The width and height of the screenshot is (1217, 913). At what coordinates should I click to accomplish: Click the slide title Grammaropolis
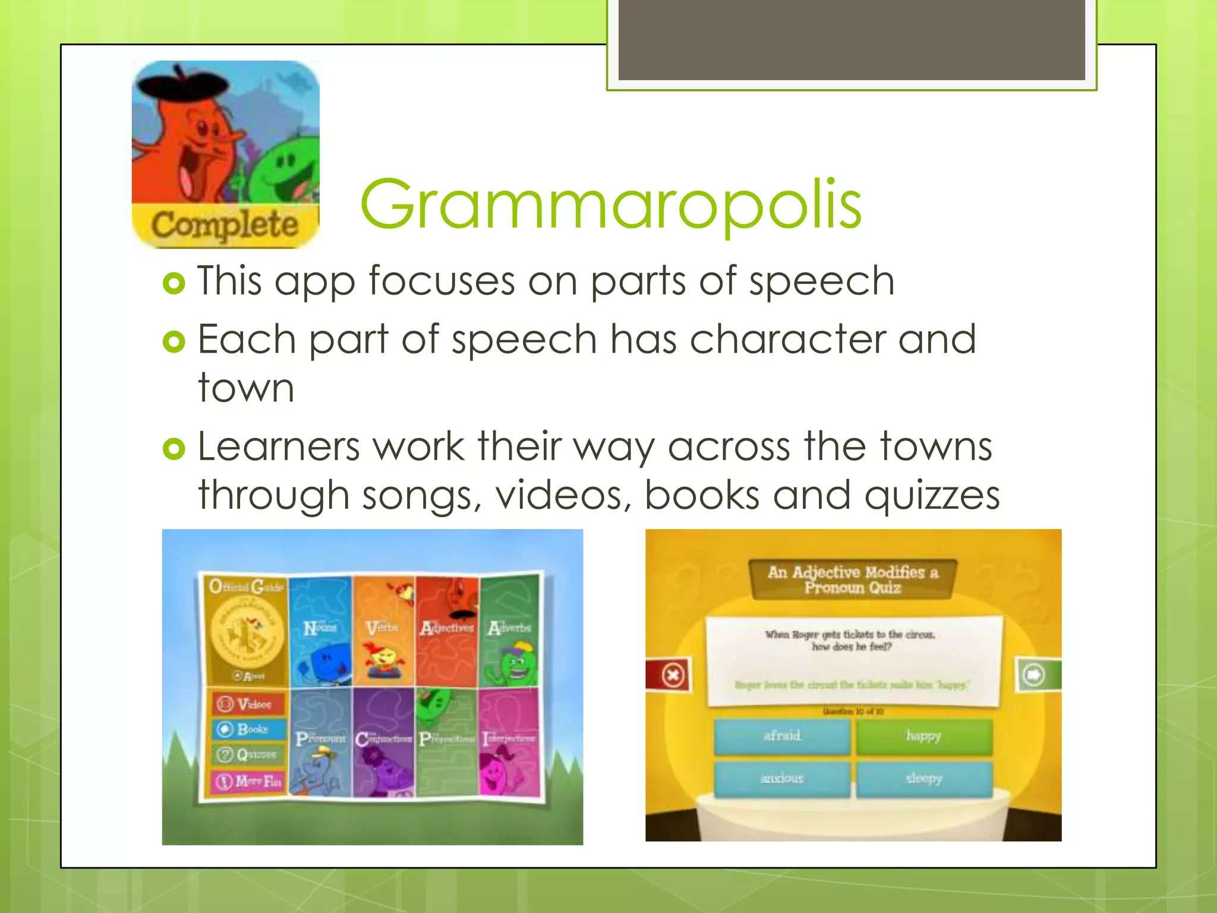pyautogui.click(x=610, y=206)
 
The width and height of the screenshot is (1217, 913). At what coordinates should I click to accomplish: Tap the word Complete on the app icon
pyautogui.click(x=225, y=225)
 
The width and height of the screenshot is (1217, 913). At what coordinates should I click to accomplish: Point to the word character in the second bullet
pyautogui.click(x=787, y=339)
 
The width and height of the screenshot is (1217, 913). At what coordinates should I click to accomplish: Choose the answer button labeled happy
pyautogui.click(x=924, y=736)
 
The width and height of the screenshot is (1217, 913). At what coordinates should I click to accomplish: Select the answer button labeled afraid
pyautogui.click(x=782, y=736)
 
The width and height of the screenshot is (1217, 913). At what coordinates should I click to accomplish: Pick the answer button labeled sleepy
pyautogui.click(x=924, y=779)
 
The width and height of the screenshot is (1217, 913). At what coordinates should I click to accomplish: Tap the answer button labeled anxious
pyautogui.click(x=782, y=779)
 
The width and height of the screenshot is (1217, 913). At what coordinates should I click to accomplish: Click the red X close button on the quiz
pyautogui.click(x=672, y=675)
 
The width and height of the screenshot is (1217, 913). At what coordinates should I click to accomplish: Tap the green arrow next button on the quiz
pyautogui.click(x=1034, y=675)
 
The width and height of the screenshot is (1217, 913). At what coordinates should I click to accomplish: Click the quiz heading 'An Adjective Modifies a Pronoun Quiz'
pyautogui.click(x=852, y=580)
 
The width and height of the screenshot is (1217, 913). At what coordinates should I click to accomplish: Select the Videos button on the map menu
pyautogui.click(x=248, y=704)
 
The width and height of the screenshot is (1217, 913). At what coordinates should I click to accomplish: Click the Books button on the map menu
pyautogui.click(x=248, y=729)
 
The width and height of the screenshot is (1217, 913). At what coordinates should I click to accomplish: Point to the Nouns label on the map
pyautogui.click(x=320, y=628)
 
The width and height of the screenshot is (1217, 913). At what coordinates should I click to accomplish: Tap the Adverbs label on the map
pyautogui.click(x=509, y=628)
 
